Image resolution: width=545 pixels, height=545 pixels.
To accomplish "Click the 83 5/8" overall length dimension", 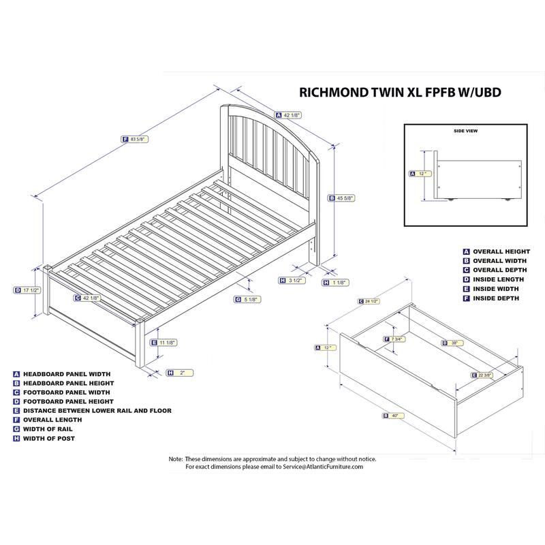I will pos(139,139).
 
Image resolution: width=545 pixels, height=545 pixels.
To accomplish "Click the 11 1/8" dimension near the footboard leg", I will pos(168,342).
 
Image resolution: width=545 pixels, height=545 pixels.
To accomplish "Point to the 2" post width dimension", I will pos(182,372).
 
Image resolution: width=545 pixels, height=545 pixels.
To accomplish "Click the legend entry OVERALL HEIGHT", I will pos(501,251).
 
